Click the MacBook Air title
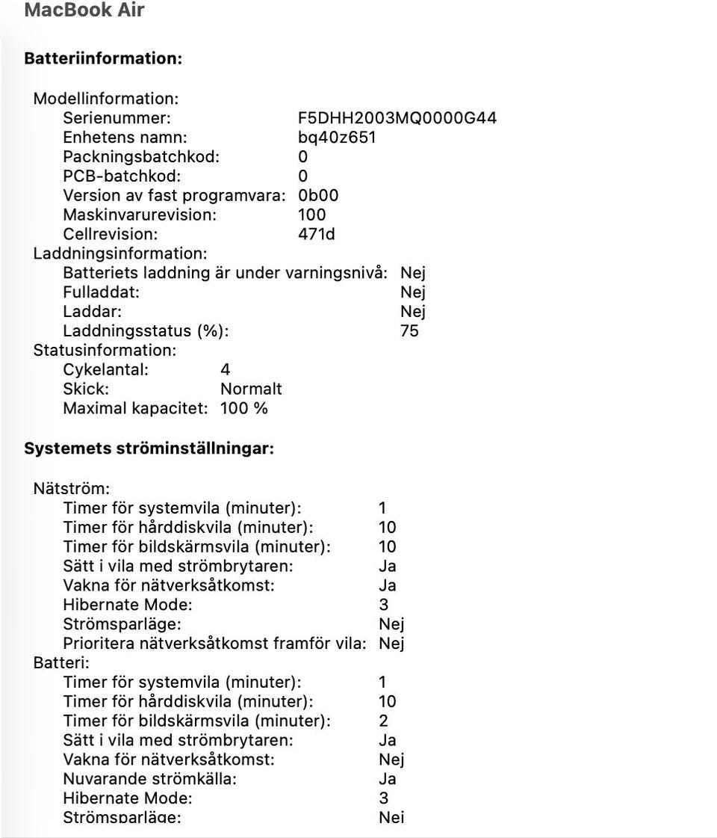(84, 10)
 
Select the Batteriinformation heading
(103, 58)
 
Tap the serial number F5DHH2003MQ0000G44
(397, 118)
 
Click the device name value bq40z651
(336, 138)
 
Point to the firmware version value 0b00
(317, 196)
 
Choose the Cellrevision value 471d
(316, 235)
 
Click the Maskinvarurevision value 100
(311, 215)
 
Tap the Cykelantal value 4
(226, 370)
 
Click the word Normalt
(251, 389)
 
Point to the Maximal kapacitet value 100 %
(243, 409)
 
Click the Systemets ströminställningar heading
(149, 449)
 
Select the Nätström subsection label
(71, 489)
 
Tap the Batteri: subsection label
(61, 663)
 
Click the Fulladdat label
(101, 292)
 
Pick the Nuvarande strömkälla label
(149, 780)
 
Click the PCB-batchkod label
(122, 176)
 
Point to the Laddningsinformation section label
(120, 254)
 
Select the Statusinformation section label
(105, 351)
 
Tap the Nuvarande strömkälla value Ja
(387, 780)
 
